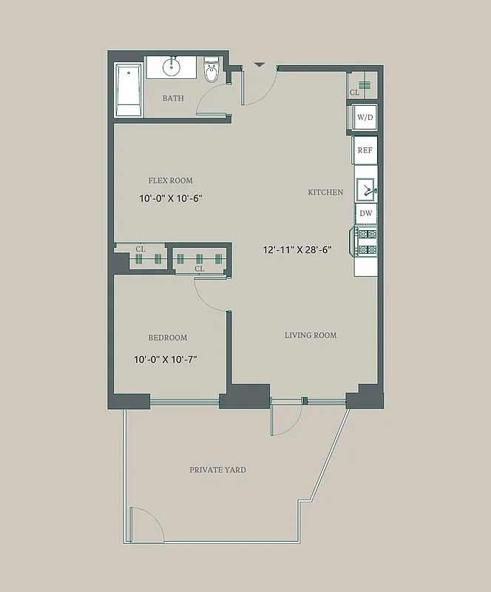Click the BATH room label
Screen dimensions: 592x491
[x=173, y=98]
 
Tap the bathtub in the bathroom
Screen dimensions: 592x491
[x=129, y=90]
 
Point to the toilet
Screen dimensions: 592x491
[x=211, y=72]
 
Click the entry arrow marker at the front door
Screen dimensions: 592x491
[x=259, y=65]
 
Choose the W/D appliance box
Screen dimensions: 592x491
[x=365, y=118]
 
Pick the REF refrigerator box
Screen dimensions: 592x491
[x=365, y=150]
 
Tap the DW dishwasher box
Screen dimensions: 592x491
[x=365, y=214]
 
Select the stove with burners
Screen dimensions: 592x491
[x=366, y=242]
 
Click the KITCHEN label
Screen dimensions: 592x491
[x=325, y=192]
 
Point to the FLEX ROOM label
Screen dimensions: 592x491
[x=170, y=181]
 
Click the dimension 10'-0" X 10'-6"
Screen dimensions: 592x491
[x=170, y=198]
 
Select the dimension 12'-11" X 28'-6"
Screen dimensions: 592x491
[x=297, y=250]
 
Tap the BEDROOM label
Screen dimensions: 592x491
[x=168, y=338]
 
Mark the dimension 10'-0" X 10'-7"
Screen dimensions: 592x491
[x=165, y=360]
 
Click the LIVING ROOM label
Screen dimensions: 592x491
[x=311, y=335]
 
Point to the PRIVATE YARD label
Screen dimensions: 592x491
[x=217, y=470]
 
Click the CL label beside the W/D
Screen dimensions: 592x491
[x=355, y=93]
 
